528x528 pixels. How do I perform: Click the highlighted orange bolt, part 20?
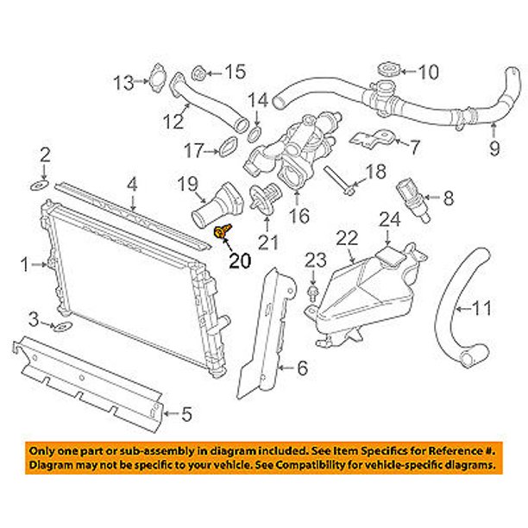223,232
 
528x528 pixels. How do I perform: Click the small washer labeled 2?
134,183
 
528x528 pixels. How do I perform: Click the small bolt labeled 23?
311,292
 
